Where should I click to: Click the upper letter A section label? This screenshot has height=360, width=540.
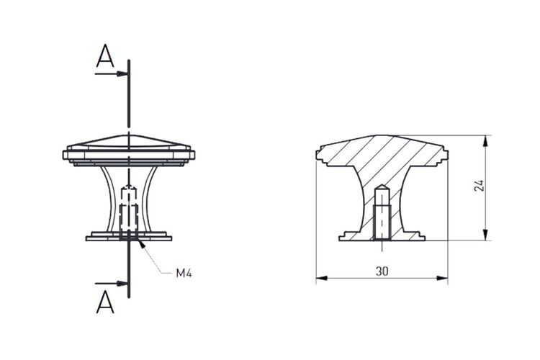point(105,56)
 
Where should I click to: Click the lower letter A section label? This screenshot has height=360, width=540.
point(105,302)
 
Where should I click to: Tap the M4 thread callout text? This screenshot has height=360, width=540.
point(184,273)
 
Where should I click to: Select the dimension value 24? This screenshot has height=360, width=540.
point(479,186)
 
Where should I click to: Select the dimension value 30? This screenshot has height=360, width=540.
point(382,271)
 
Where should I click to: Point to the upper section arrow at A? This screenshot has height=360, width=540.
point(112,73)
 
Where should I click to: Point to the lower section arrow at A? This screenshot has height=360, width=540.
point(112,284)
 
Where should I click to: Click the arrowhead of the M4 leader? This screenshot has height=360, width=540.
point(141,244)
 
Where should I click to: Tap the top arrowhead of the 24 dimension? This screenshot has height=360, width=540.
point(485,141)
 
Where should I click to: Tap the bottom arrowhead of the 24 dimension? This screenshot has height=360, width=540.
point(485,235)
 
